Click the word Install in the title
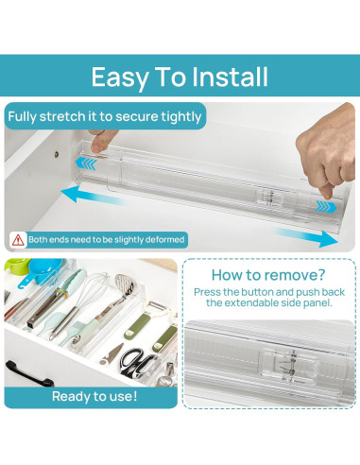click(x=230, y=77)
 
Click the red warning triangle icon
click(x=18, y=240)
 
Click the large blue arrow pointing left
click(x=92, y=195)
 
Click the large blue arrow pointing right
click(x=305, y=237)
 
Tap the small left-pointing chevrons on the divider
click(x=86, y=164)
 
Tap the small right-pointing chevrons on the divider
click(x=326, y=207)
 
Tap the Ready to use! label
click(x=94, y=396)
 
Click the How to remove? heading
click(x=268, y=275)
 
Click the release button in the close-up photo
click(x=287, y=366)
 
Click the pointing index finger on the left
click(x=101, y=141)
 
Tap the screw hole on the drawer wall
click(x=57, y=154)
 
